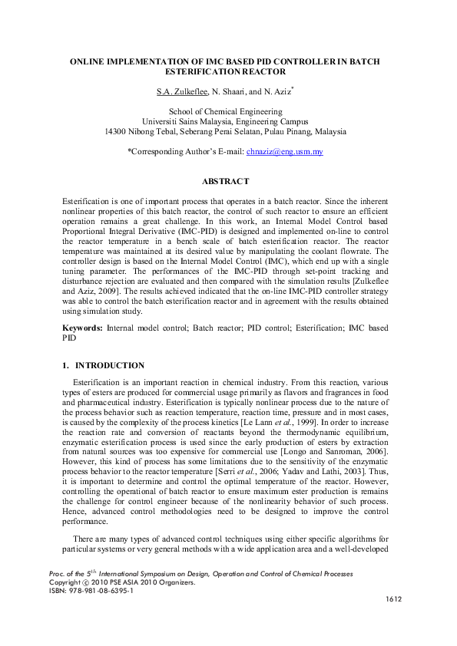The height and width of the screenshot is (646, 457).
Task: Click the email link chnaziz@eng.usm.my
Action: (284, 153)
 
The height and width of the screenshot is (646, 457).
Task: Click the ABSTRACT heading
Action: (225, 182)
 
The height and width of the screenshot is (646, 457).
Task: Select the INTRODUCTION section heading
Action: (109, 366)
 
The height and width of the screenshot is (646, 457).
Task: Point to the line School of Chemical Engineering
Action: (225, 112)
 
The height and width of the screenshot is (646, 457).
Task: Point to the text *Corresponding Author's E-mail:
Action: (184, 153)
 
